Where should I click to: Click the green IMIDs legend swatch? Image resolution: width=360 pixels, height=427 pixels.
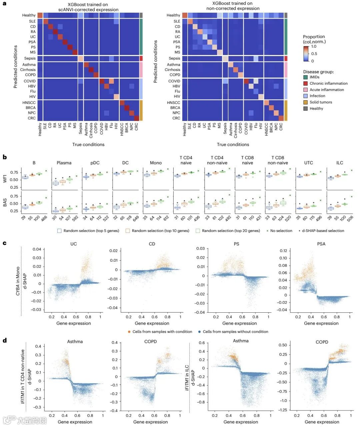click(x=305, y=77)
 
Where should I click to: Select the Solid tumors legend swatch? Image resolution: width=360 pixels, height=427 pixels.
click(x=305, y=102)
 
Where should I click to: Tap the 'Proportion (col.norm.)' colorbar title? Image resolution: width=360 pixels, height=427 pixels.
click(x=314, y=39)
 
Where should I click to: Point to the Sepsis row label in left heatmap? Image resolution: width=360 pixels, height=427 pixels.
click(x=30, y=58)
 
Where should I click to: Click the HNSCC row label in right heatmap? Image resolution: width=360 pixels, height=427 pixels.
click(x=173, y=103)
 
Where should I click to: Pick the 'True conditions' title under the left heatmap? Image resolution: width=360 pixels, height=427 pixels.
click(x=88, y=144)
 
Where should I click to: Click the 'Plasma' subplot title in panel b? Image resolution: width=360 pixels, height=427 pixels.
click(x=64, y=163)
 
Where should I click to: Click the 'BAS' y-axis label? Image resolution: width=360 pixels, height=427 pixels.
click(x=5, y=203)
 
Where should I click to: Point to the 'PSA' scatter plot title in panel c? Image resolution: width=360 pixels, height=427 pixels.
click(x=321, y=244)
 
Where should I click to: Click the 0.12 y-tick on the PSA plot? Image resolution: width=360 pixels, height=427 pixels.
click(x=283, y=251)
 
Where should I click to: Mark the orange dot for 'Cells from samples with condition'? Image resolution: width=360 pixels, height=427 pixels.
click(x=129, y=332)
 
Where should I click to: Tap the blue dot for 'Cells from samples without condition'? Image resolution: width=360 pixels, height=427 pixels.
click(x=199, y=332)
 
